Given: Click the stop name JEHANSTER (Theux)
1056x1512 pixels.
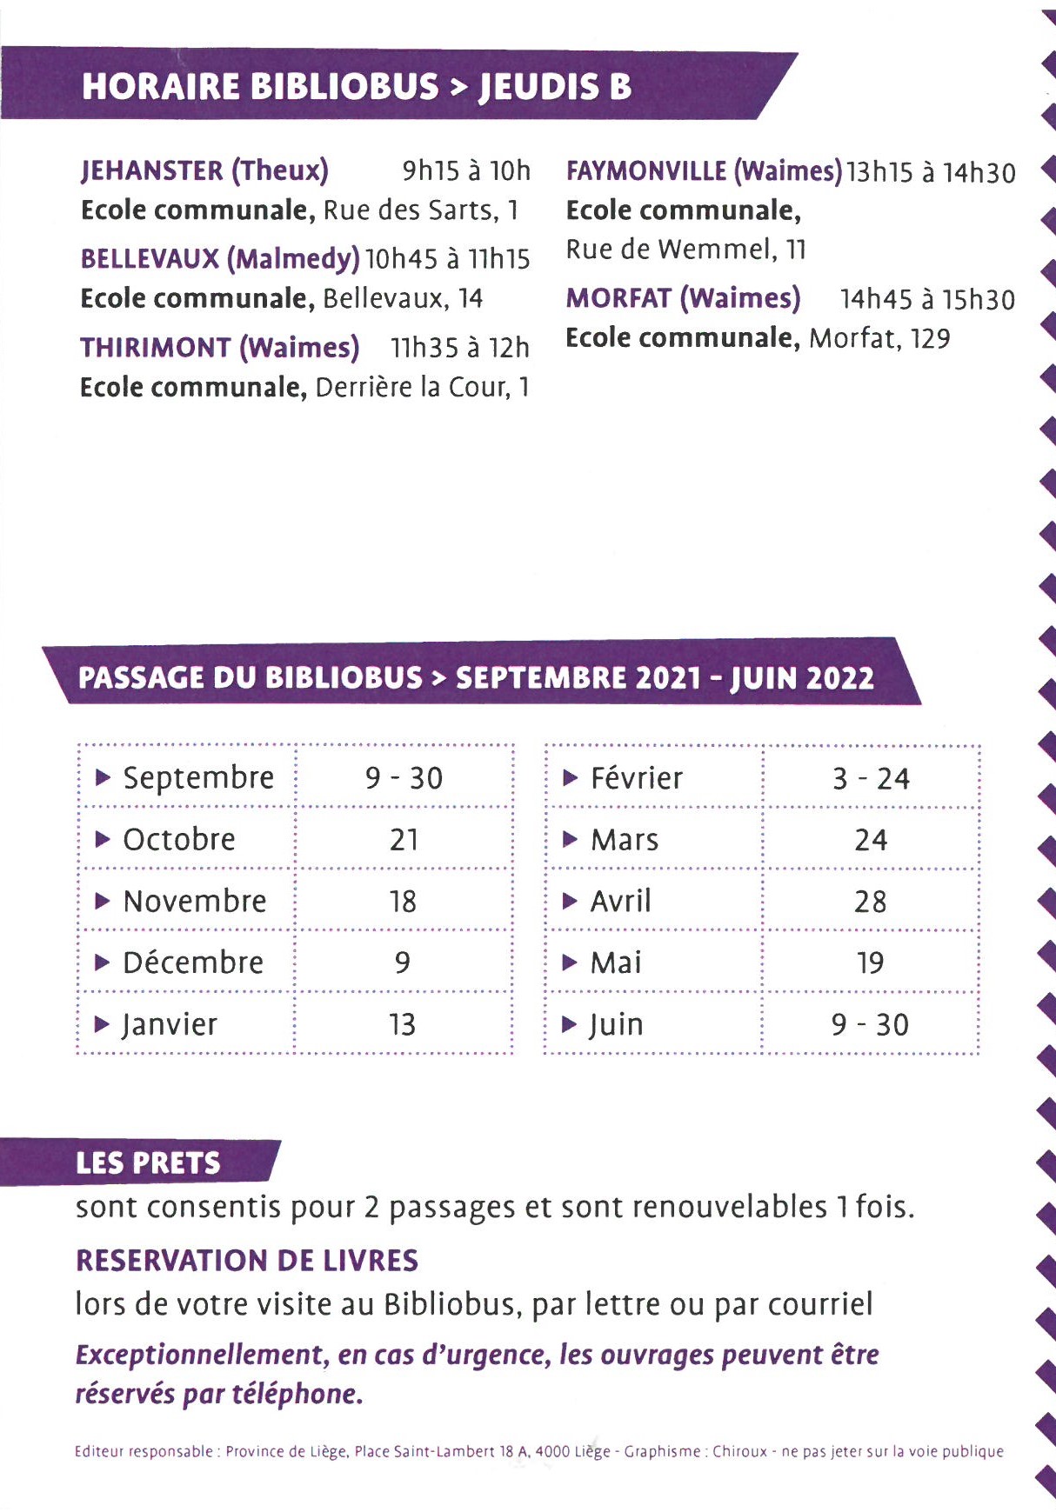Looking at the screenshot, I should [x=204, y=170].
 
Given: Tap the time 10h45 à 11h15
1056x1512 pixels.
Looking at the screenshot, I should [x=447, y=259].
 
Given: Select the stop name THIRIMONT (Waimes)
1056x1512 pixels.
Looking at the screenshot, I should [x=219, y=348].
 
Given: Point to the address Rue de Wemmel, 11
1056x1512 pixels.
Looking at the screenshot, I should [x=685, y=250].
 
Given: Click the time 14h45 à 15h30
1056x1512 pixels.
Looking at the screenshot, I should [x=927, y=300].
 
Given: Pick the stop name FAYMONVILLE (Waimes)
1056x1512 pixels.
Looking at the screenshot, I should [x=704, y=171].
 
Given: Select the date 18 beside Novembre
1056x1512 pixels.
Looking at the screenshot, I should [x=403, y=902].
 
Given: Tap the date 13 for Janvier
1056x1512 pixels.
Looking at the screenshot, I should [x=403, y=1025].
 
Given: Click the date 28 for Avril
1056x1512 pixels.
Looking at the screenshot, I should [x=871, y=902].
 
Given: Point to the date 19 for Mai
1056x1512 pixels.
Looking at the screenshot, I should [x=870, y=963].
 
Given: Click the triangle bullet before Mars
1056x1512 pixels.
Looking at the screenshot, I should [x=570, y=840].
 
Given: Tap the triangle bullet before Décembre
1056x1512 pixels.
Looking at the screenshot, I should [x=103, y=962].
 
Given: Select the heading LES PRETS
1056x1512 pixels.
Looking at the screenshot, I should [x=148, y=1163].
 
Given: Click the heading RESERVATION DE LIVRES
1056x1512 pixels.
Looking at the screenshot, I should [x=247, y=1261].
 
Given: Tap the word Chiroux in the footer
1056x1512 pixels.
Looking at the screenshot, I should [x=739, y=1451].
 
